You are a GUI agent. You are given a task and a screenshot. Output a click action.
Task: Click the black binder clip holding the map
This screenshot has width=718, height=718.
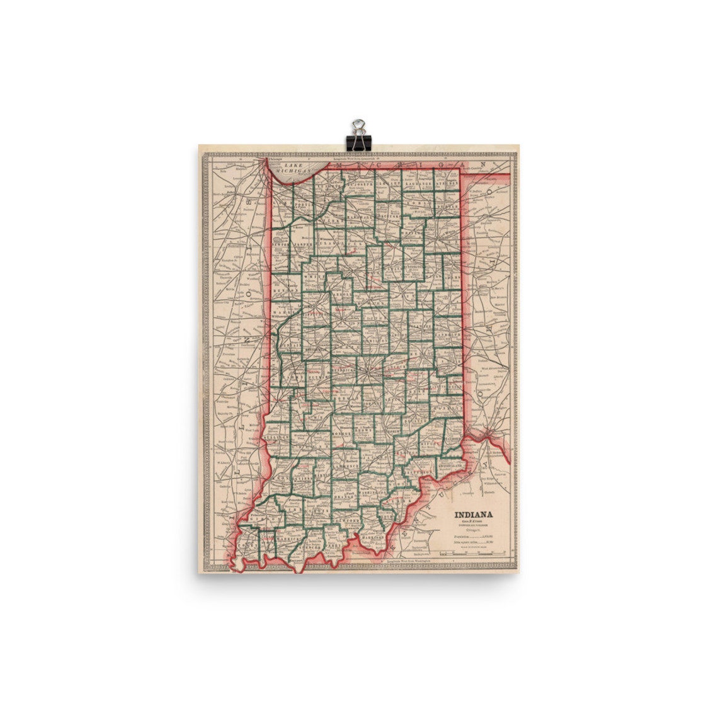(x=358, y=135)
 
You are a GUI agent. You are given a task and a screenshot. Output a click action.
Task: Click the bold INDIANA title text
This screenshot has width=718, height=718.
(x=474, y=513)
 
